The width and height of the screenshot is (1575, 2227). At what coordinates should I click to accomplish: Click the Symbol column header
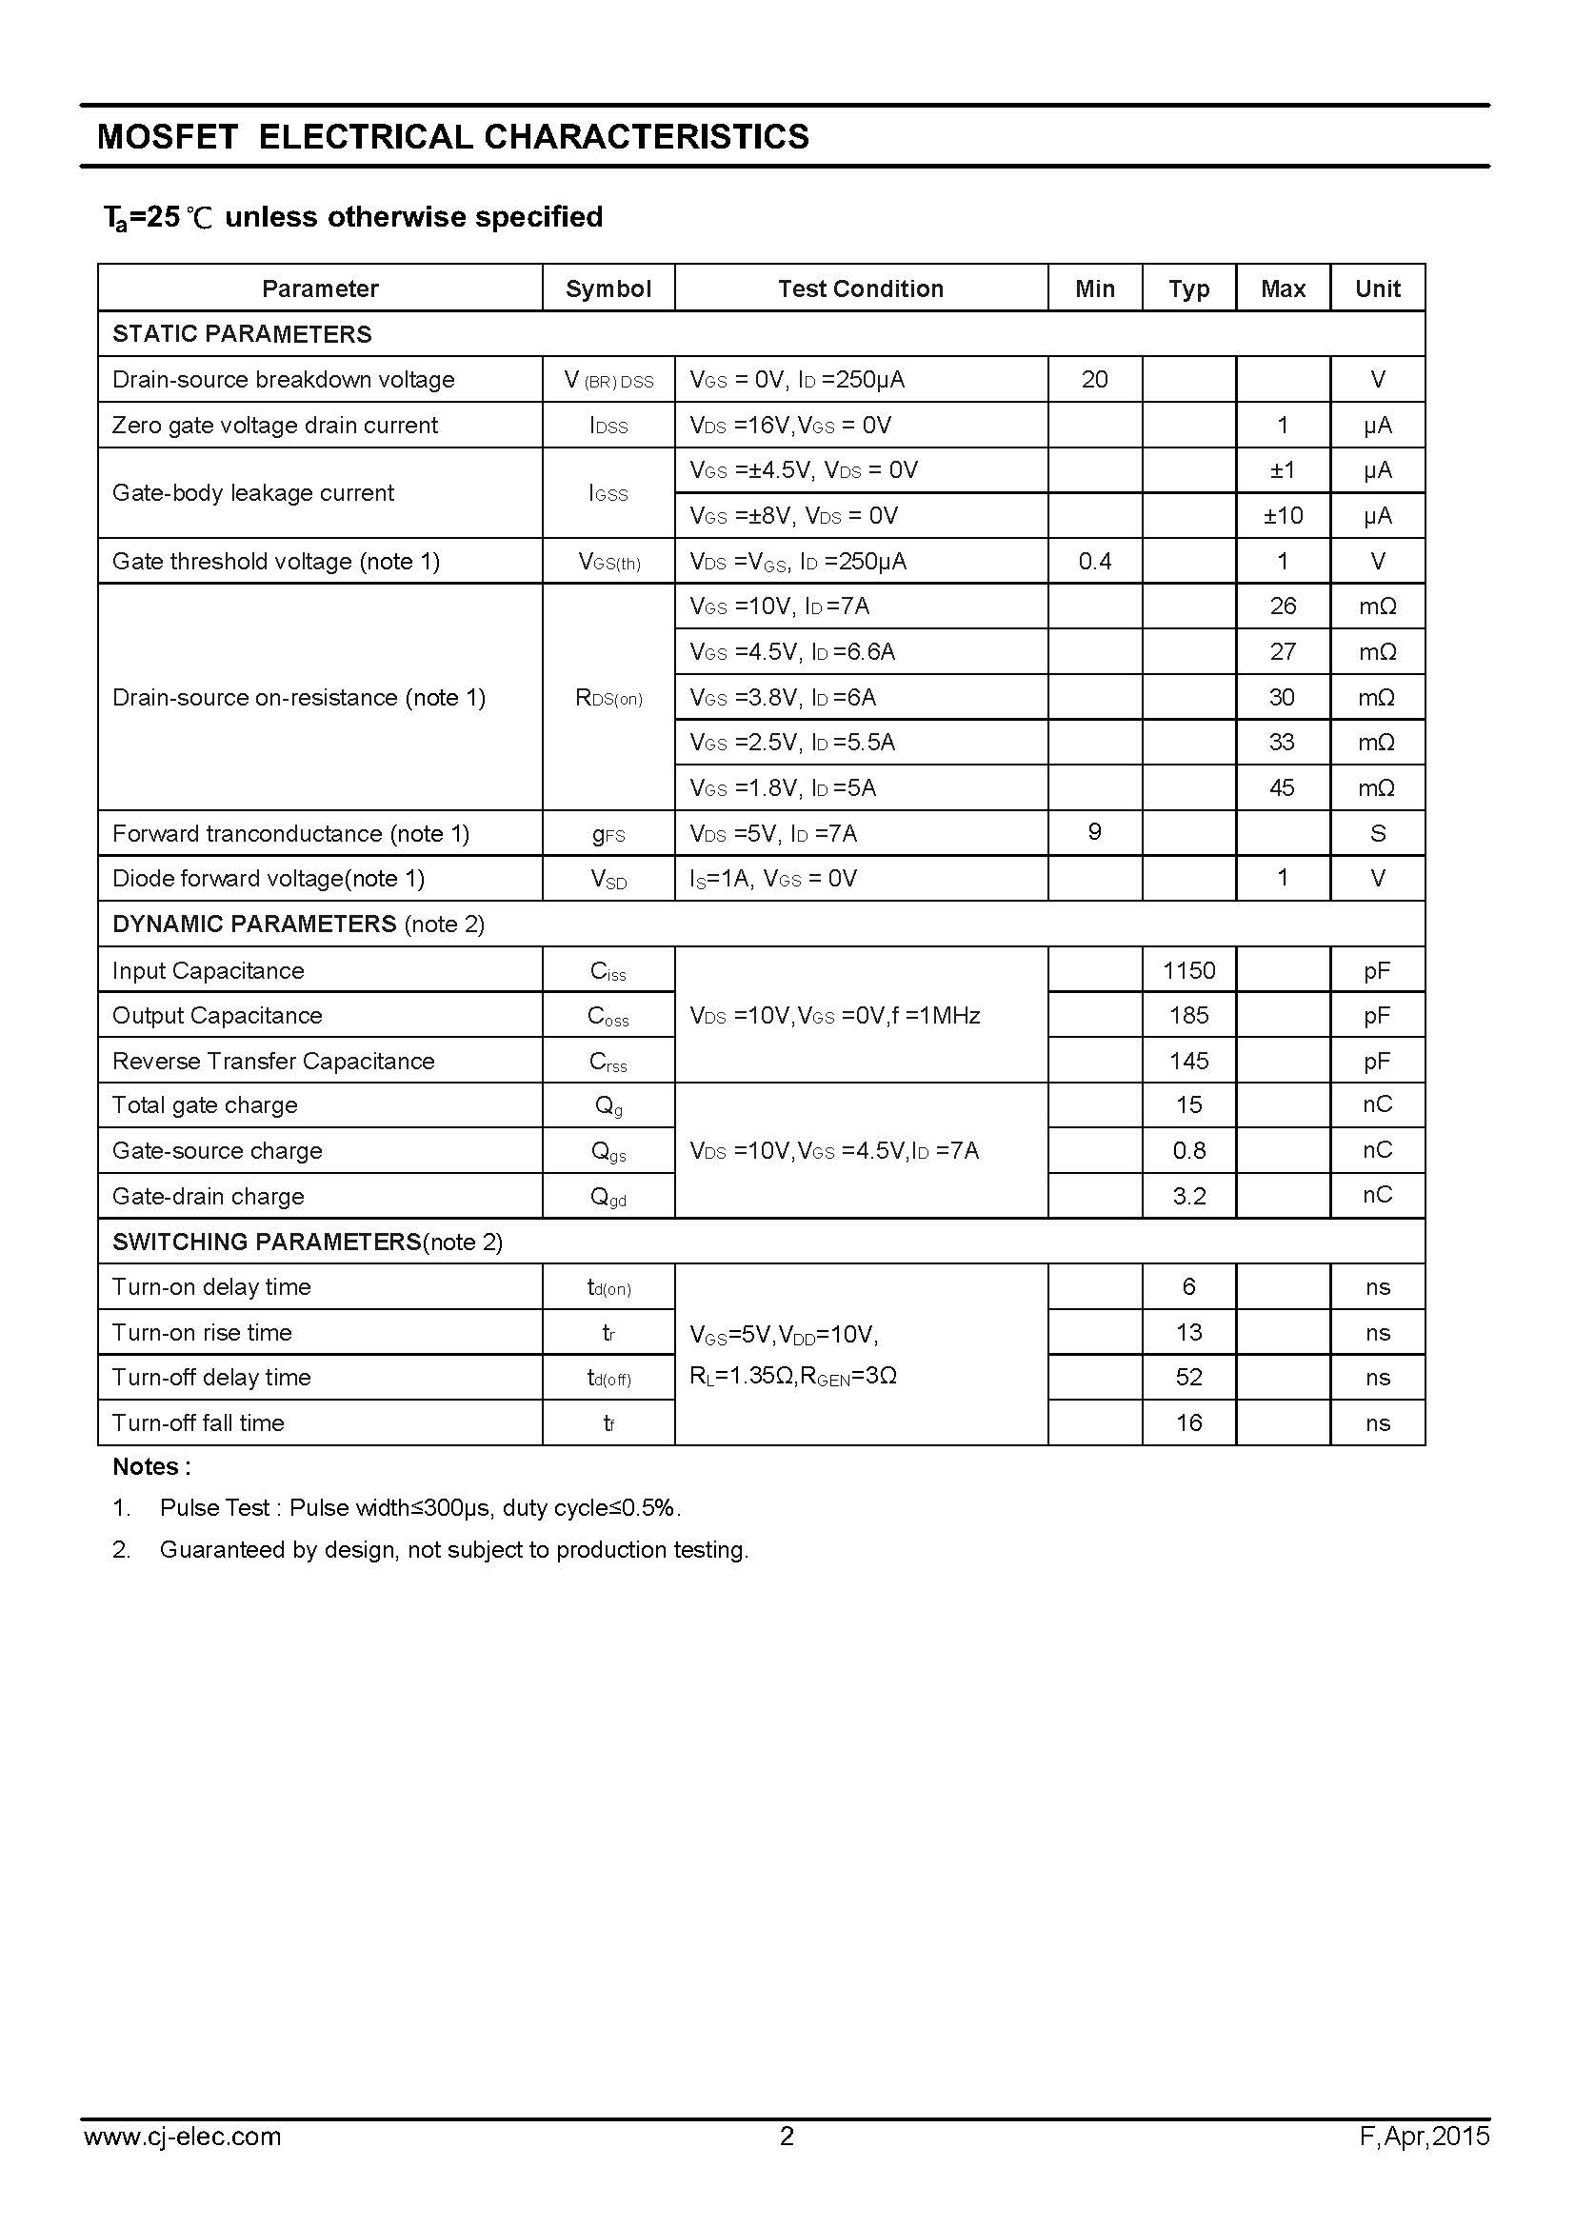pyautogui.click(x=608, y=288)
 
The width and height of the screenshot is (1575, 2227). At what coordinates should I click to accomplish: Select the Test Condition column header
pyautogui.click(x=860, y=288)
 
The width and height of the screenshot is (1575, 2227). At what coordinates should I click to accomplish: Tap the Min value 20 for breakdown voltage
pyautogui.click(x=1094, y=379)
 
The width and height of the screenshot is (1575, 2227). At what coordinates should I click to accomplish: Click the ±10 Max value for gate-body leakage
pyautogui.click(x=1282, y=515)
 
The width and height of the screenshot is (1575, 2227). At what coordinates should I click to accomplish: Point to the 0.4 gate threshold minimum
pyautogui.click(x=1094, y=561)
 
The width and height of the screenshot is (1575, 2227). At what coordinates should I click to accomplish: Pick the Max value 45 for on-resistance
pyautogui.click(x=1282, y=787)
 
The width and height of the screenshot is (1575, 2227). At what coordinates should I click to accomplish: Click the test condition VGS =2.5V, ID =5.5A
pyautogui.click(x=792, y=742)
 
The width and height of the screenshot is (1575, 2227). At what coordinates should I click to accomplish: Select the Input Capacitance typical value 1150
pyautogui.click(x=1188, y=970)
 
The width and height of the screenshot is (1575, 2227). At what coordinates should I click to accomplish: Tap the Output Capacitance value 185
pyautogui.click(x=1188, y=1016)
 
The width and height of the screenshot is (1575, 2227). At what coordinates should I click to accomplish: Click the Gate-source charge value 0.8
pyautogui.click(x=1188, y=1150)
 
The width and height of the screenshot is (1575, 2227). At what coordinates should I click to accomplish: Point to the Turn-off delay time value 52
pyautogui.click(x=1188, y=1378)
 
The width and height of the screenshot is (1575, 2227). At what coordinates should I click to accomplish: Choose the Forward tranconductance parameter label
pyautogui.click(x=291, y=833)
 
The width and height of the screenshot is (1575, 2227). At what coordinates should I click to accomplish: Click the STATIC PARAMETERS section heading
pyautogui.click(x=243, y=333)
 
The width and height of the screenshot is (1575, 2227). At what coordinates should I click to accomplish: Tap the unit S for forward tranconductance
pyautogui.click(x=1377, y=833)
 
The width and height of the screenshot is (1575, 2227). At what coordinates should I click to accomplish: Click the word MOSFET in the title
pyautogui.click(x=167, y=137)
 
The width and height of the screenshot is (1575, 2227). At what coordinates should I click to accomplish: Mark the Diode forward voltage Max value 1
pyautogui.click(x=1282, y=878)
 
